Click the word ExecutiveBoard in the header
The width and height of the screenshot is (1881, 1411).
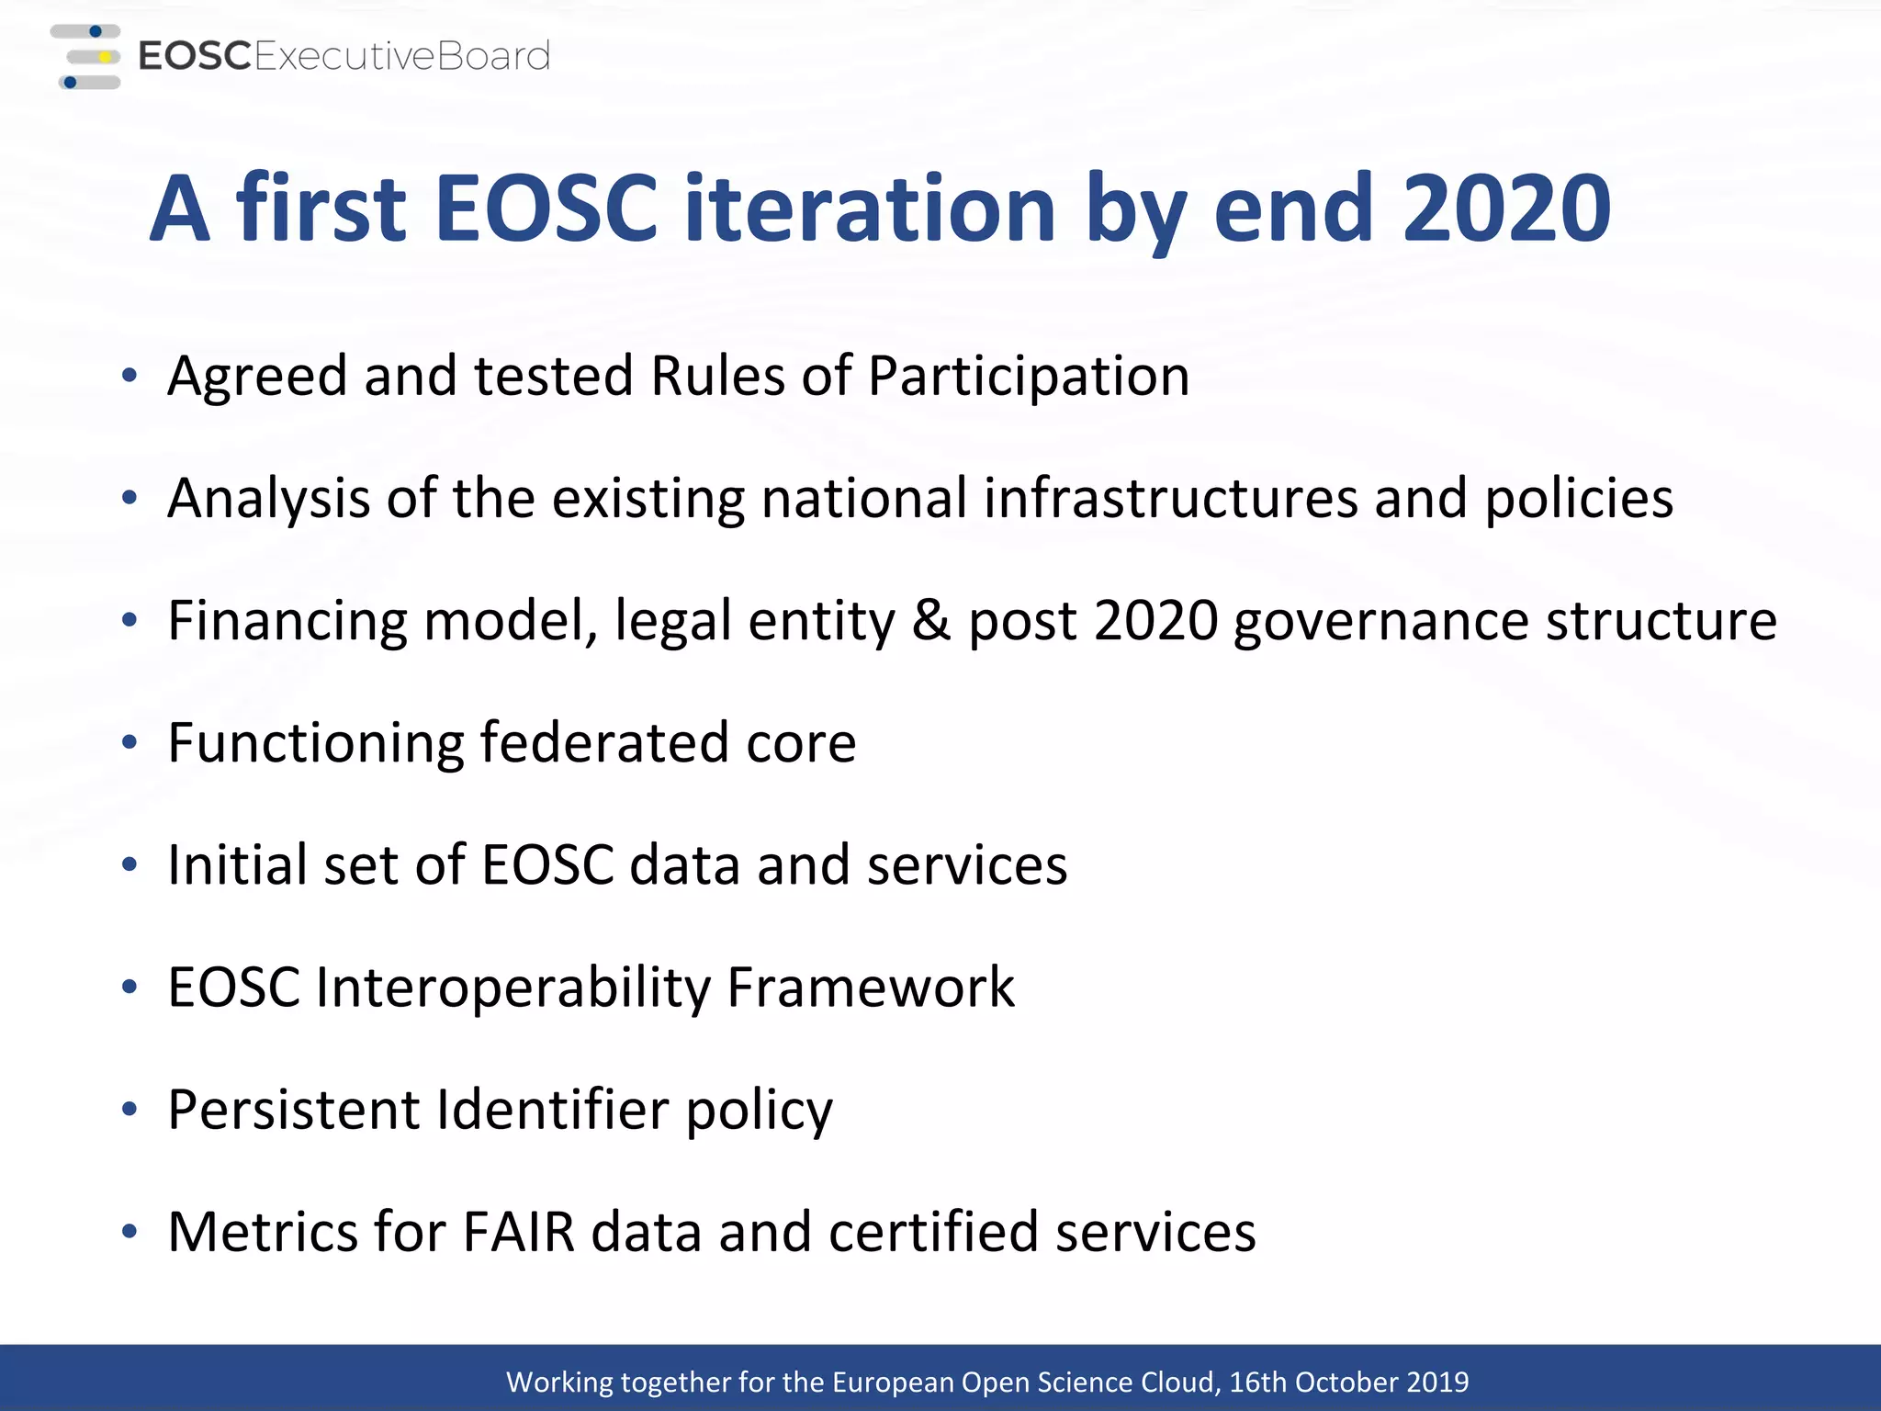(x=401, y=57)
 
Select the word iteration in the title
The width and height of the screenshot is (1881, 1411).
(x=869, y=209)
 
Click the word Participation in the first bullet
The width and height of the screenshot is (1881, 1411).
(x=1028, y=378)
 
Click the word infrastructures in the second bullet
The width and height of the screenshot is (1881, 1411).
(x=1170, y=498)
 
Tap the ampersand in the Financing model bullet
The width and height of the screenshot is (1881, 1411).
(x=931, y=620)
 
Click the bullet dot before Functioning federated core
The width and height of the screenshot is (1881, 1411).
(x=130, y=742)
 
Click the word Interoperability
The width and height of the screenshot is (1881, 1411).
(x=513, y=988)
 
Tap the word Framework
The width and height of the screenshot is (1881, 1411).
(x=870, y=988)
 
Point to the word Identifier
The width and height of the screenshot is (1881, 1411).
(x=552, y=1110)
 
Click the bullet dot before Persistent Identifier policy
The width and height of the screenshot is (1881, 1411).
(x=130, y=1110)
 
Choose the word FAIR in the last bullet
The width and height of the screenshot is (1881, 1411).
(x=518, y=1232)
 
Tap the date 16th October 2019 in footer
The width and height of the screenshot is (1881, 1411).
(x=1348, y=1382)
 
